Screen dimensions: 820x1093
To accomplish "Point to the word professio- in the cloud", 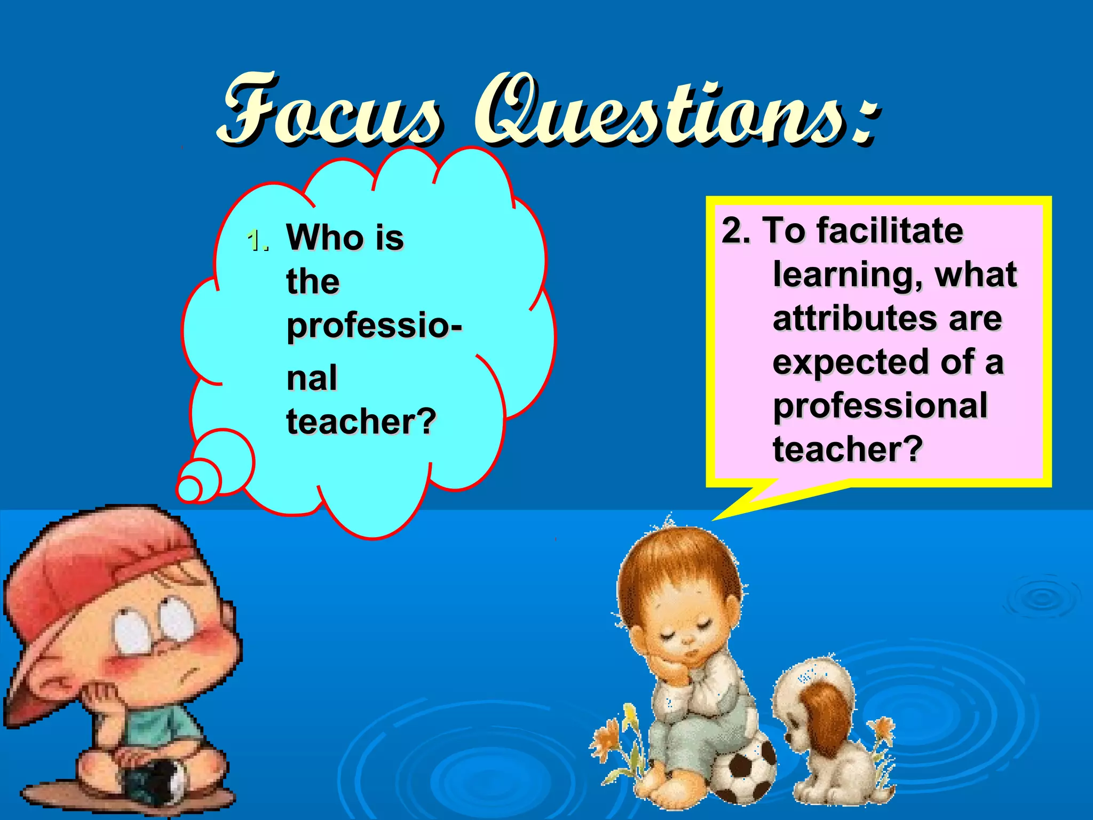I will pos(374,326).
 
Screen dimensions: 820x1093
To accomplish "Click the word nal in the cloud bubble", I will pos(312,378).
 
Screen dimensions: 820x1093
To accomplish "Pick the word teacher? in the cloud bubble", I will pos(361,422).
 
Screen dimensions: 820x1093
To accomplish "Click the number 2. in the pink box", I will pos(736,231).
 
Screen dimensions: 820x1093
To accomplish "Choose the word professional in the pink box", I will pos(880,406).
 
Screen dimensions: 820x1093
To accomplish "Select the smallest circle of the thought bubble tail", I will pos(188,488).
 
